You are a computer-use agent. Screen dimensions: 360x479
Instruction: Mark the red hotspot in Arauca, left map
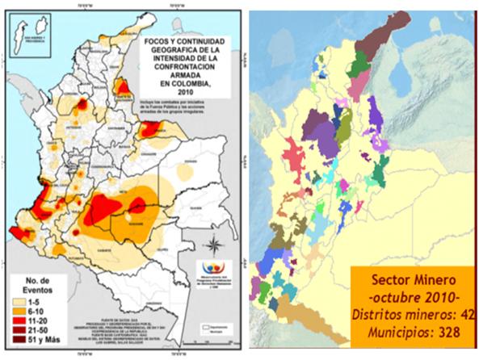coord(149,128)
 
